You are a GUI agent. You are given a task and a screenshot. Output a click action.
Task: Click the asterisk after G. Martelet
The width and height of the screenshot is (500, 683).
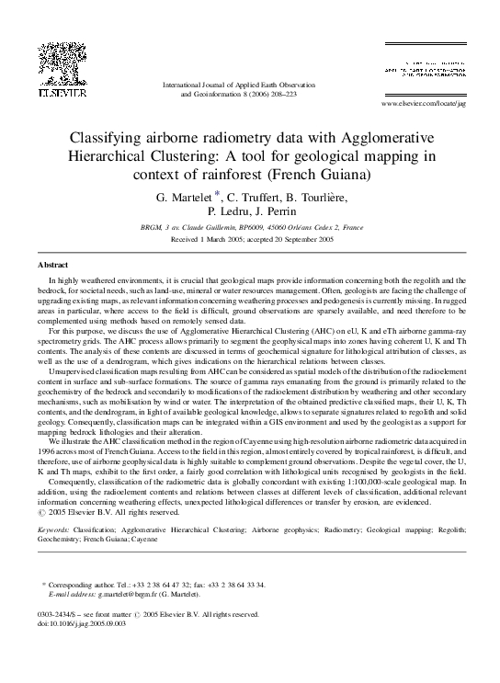[217, 193]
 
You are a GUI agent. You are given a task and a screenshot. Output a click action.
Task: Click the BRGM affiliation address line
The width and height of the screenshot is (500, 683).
[251, 227]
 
